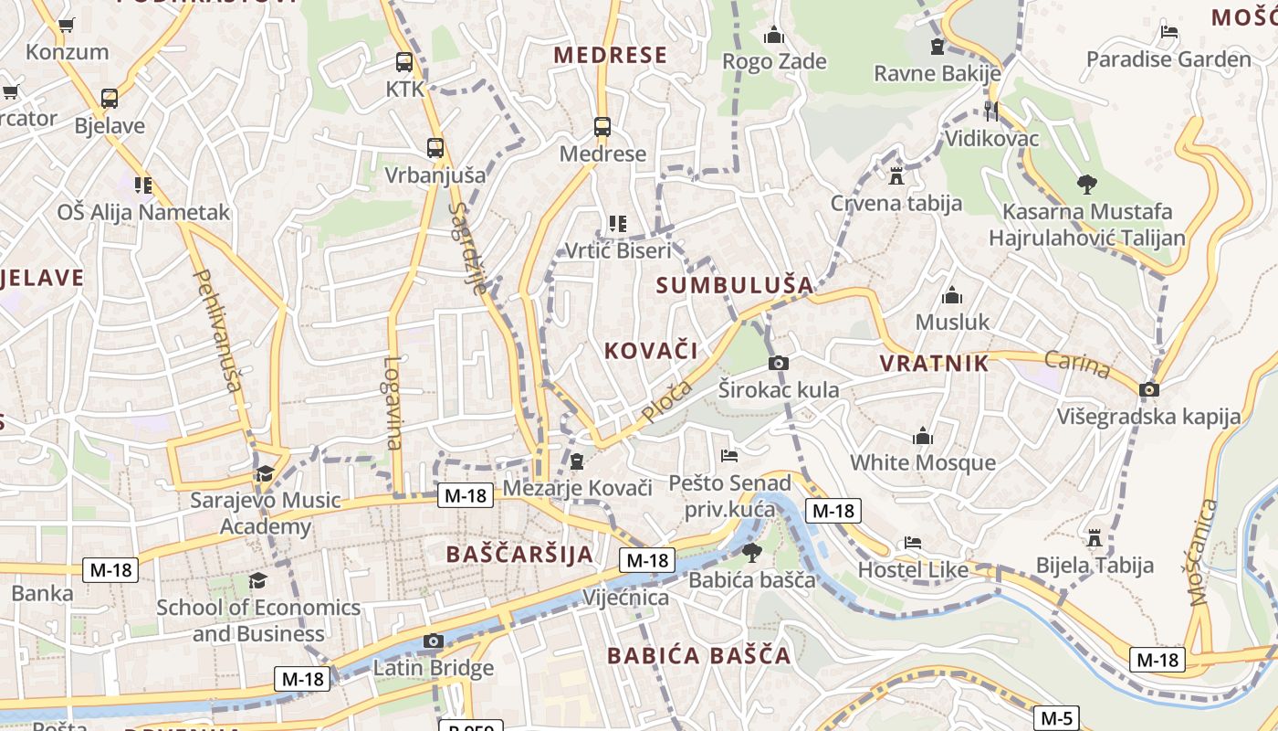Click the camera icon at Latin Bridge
point(434,641)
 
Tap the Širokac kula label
point(778,390)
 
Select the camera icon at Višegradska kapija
point(1149,390)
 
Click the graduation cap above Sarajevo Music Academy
point(265,473)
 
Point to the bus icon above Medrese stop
point(602,127)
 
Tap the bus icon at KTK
point(404,62)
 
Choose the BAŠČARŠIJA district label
point(519,554)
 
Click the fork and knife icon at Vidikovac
point(991,111)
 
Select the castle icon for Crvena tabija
point(896,175)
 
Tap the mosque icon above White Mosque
point(923,436)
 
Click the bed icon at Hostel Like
point(912,543)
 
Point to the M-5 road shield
point(1056,718)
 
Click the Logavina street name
point(393,403)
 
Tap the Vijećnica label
point(625,598)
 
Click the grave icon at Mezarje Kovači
point(577,461)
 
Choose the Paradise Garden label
point(1168,59)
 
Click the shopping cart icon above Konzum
point(67,25)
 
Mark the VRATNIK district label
point(934,363)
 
